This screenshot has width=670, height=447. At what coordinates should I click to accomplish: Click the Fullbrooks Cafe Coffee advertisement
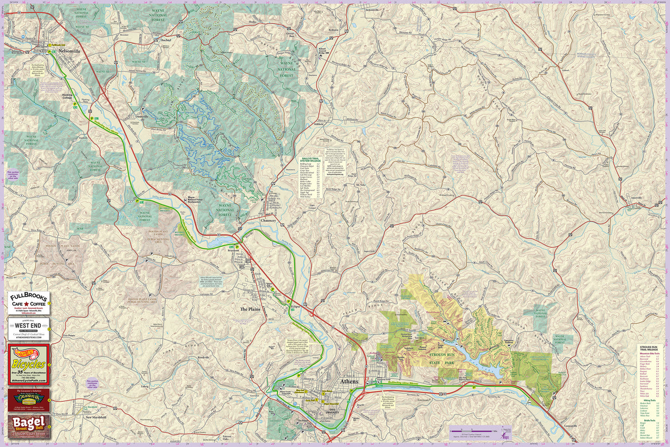pos(28,302)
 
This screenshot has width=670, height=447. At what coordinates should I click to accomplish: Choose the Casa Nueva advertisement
pos(28,399)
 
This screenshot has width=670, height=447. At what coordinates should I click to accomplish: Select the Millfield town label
pos(318,126)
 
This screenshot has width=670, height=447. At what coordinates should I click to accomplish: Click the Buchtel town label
pos(165,40)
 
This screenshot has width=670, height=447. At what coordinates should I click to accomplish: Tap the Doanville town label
pos(142,116)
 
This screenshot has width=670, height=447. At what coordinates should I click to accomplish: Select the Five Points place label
pos(68,335)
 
